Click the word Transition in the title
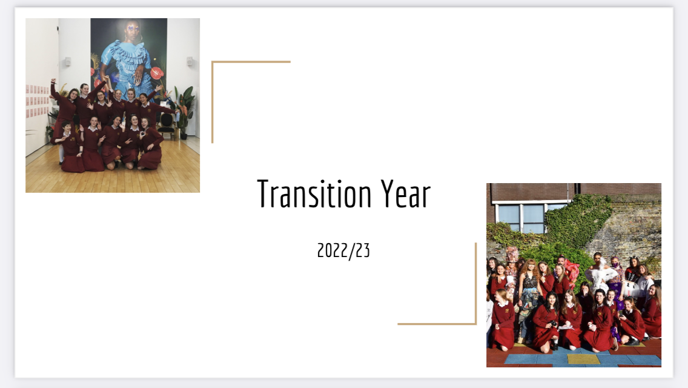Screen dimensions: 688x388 pyautogui.click(x=314, y=194)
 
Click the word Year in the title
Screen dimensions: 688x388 pyautogui.click(x=405, y=194)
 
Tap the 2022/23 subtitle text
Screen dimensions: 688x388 pyautogui.click(x=343, y=250)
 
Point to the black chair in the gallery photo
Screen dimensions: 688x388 pyautogui.click(x=166, y=124)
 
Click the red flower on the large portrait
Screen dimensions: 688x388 pyautogui.click(x=157, y=73)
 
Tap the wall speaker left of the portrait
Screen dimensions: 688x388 pyautogui.click(x=68, y=61)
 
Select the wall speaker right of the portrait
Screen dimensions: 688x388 pyautogui.click(x=190, y=61)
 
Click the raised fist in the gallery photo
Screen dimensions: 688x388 pyautogui.click(x=53, y=81)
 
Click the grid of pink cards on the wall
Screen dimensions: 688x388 pyautogui.click(x=38, y=100)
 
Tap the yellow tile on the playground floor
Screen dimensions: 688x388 pyautogui.click(x=583, y=359)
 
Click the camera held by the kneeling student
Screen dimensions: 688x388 pyautogui.click(x=554, y=324)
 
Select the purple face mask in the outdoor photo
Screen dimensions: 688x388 pyautogui.click(x=615, y=266)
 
